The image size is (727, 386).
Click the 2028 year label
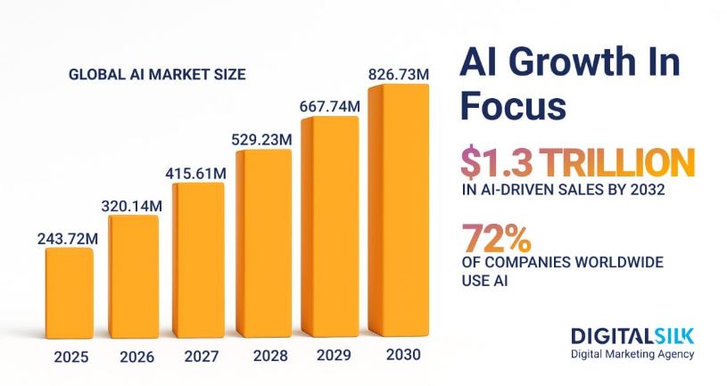pos(268,357)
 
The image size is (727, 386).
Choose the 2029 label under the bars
pos(334,357)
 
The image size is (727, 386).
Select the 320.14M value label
pos(130,205)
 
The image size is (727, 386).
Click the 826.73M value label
pos(398,73)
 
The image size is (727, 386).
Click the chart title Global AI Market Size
pos(156,74)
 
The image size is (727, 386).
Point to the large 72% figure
pos(497,239)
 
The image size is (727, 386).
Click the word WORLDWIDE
pos(626,263)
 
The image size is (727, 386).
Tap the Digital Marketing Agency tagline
pos(632,354)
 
